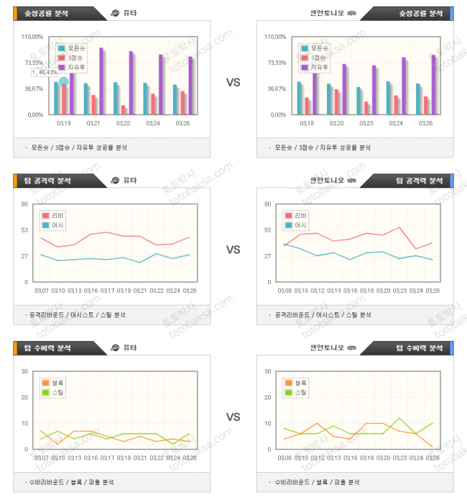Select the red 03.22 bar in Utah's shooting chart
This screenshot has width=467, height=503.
[124, 109]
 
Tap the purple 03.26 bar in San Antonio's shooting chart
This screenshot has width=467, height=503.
[433, 84]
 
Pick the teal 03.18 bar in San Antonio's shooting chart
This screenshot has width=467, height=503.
[300, 98]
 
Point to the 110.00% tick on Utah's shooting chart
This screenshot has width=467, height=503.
[33, 37]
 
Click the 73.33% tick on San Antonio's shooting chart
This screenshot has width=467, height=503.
[276, 63]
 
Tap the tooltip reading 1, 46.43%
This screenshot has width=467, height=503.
[45, 73]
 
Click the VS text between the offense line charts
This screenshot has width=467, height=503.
[233, 250]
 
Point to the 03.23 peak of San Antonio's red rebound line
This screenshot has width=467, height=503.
[399, 227]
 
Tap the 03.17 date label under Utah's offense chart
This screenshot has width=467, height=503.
[107, 290]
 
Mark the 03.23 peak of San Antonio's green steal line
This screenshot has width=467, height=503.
[399, 418]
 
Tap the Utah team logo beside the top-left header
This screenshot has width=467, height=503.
[116, 13]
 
